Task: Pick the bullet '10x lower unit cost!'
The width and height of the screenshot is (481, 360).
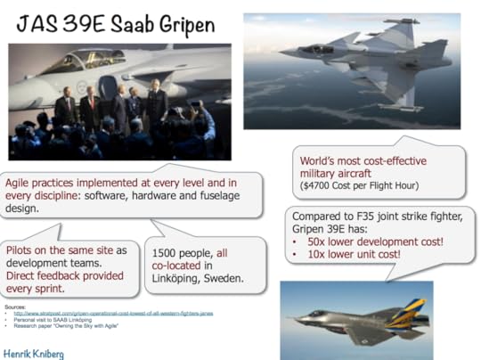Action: pyautogui.click(x=357, y=254)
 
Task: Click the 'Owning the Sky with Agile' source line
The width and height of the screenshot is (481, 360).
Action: pyautogui.click(x=66, y=326)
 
